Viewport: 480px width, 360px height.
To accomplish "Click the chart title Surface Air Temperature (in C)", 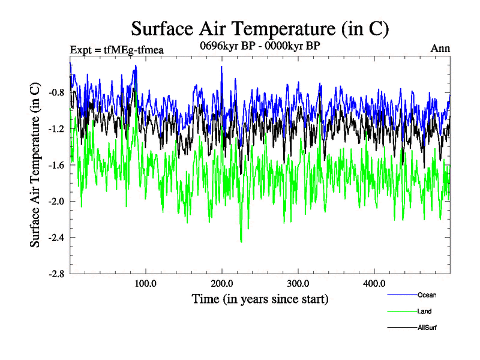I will pyautogui.click(x=260, y=28).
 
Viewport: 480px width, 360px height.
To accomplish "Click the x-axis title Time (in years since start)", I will pyautogui.click(x=260, y=298).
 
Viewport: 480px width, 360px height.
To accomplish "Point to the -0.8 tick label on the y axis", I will pyautogui.click(x=57, y=93).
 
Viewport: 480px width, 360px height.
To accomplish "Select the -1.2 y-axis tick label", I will pyautogui.click(x=57, y=129).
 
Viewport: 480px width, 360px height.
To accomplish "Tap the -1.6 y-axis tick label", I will pyautogui.click(x=57, y=165).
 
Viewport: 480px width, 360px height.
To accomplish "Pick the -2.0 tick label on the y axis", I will pyautogui.click(x=57, y=201).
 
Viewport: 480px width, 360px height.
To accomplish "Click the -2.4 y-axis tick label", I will pyautogui.click(x=57, y=237).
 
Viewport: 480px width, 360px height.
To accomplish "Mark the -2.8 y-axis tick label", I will pyautogui.click(x=57, y=274).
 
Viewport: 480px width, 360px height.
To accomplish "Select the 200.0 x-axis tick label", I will pyautogui.click(x=222, y=283).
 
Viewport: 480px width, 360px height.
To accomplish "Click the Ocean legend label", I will pyautogui.click(x=427, y=295).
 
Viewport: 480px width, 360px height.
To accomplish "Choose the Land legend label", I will pyautogui.click(x=424, y=311).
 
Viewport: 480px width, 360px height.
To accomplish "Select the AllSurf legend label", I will pyautogui.click(x=427, y=328).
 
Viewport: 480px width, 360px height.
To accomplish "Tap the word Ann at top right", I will pyautogui.click(x=440, y=49).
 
